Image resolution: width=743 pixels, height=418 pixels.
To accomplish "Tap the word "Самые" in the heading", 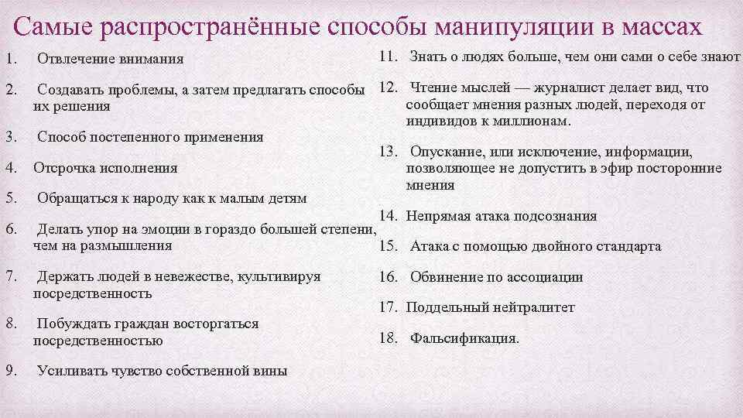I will (x=50, y=27).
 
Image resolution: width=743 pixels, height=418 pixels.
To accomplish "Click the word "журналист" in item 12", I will (x=568, y=87).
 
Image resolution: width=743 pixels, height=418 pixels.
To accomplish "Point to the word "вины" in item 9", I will (x=270, y=370).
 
